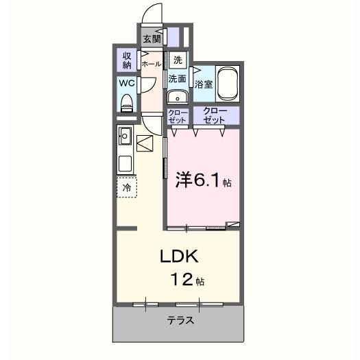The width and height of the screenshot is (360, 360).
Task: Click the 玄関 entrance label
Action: click(x=152, y=39)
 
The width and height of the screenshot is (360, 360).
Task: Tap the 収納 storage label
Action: click(x=127, y=60)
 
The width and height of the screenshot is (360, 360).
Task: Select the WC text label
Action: click(x=126, y=83)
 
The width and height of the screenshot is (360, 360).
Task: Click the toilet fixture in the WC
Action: click(x=126, y=102)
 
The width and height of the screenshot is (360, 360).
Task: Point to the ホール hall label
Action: click(x=151, y=64)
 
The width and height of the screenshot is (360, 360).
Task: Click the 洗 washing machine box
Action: click(x=178, y=60)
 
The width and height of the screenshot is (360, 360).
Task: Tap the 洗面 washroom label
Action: click(x=178, y=78)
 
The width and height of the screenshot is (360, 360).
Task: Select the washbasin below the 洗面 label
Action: click(x=178, y=97)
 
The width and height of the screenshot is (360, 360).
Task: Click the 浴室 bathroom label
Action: click(x=204, y=85)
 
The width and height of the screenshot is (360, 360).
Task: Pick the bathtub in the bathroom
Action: click(x=227, y=84)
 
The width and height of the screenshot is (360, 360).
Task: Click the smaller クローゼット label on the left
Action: click(x=178, y=116)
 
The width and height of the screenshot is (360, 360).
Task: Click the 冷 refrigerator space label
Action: click(x=126, y=187)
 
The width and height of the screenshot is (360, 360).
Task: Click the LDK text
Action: click(x=179, y=257)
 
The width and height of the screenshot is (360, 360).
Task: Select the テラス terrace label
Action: click(x=180, y=320)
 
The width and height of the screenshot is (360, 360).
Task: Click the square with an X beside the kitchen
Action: click(x=146, y=143)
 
